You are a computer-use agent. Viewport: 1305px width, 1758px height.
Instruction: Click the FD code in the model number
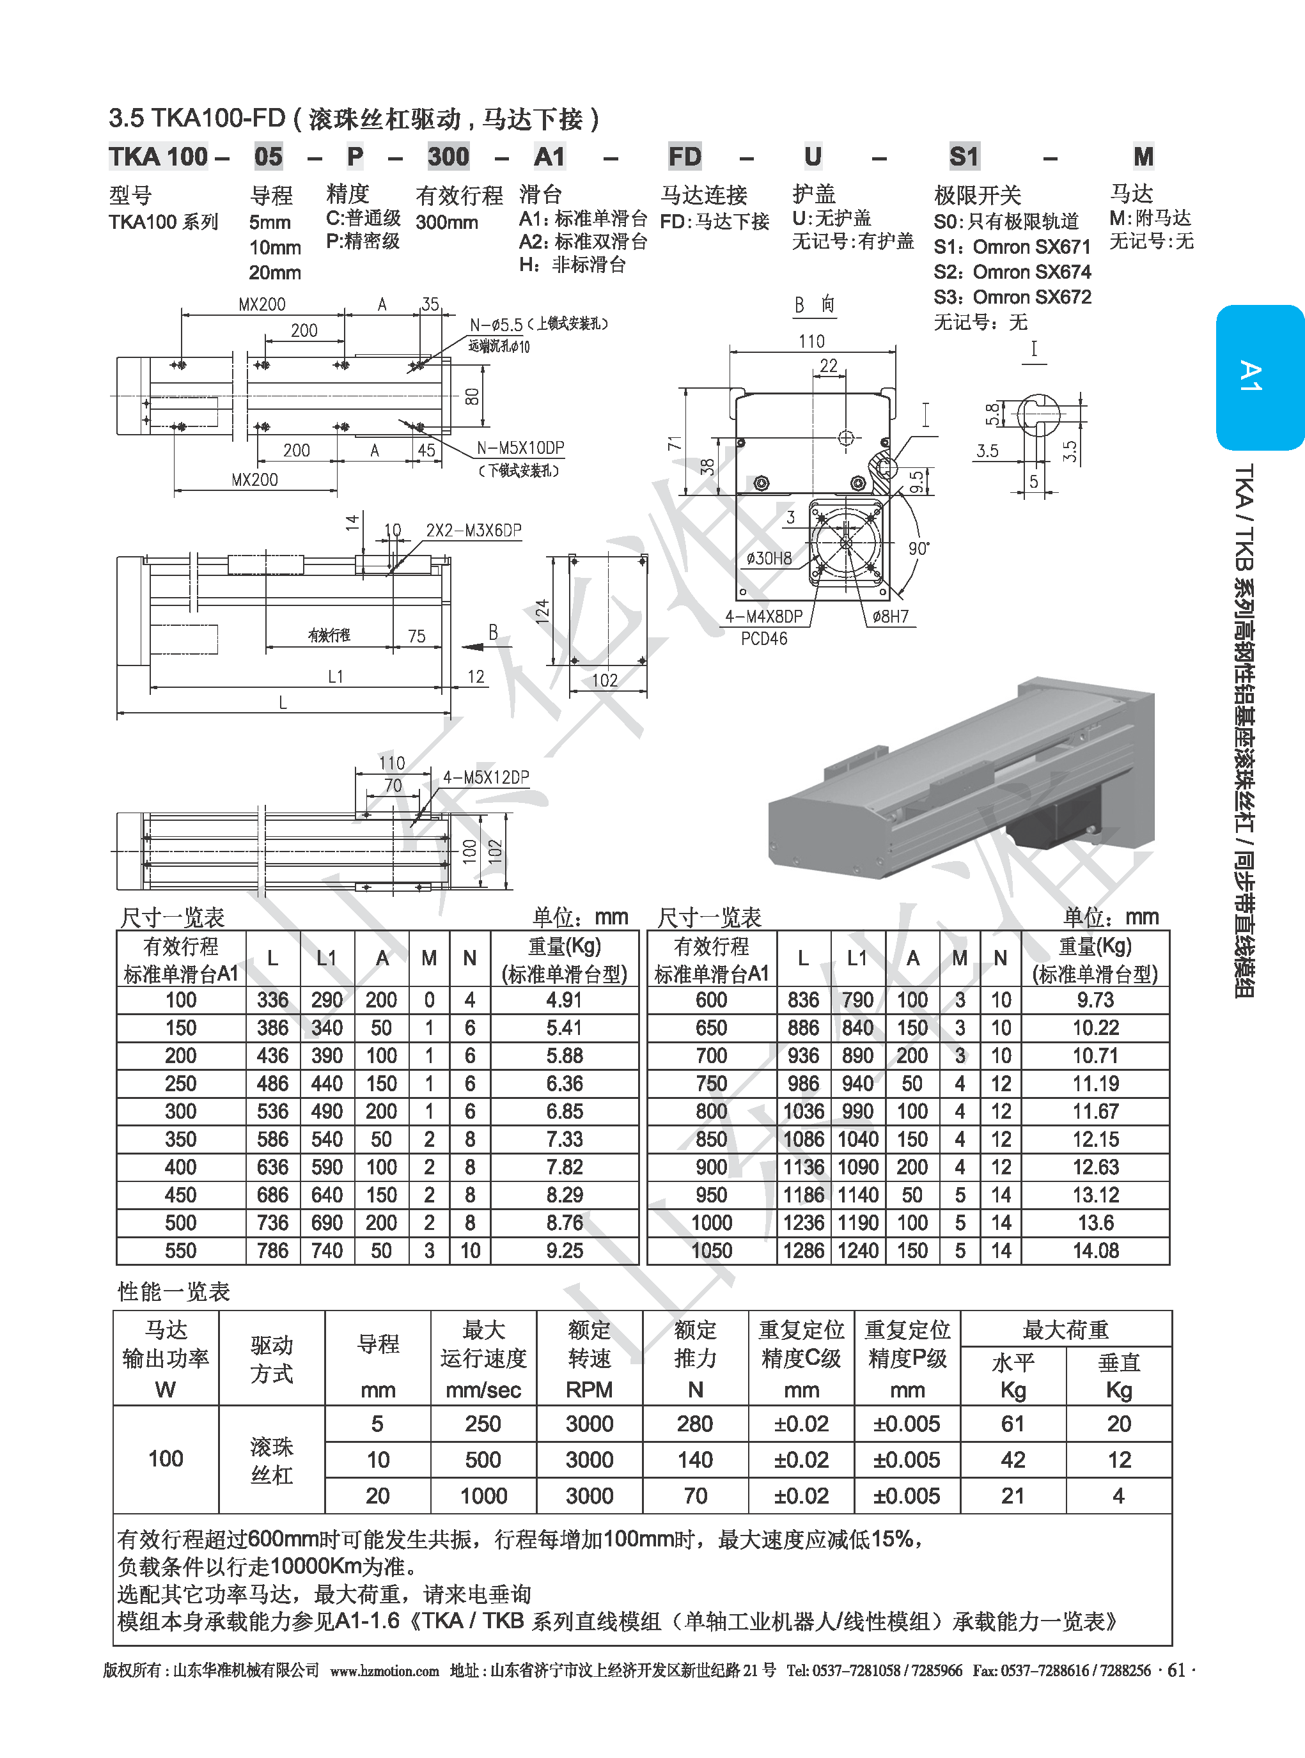point(684,157)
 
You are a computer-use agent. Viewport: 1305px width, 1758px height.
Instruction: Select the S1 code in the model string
point(964,157)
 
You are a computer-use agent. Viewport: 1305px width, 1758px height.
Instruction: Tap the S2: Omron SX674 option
point(1012,272)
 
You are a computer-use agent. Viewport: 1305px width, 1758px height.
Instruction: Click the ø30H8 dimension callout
point(769,558)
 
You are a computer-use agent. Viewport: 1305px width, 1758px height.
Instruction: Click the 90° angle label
point(919,548)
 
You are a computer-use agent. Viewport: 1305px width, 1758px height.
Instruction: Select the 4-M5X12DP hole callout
point(486,777)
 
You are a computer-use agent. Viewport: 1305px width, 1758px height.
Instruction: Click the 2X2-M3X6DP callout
point(474,530)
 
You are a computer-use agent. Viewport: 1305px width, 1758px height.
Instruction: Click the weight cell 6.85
point(564,1111)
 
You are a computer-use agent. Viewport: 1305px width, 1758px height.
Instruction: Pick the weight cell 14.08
point(1095,1250)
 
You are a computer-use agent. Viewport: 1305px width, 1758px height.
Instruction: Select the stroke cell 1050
point(711,1250)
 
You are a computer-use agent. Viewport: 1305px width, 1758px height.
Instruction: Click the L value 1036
point(803,1111)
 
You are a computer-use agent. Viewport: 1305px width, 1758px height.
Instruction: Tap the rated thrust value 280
point(695,1423)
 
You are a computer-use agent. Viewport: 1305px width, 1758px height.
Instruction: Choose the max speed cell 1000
point(483,1495)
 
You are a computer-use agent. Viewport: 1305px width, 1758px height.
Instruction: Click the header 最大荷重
point(1066,1329)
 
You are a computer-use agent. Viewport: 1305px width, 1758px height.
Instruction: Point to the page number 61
point(1176,1670)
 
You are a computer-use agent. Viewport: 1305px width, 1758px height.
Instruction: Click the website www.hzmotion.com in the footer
point(384,1670)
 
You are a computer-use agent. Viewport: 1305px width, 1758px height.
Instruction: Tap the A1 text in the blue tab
point(1251,376)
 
